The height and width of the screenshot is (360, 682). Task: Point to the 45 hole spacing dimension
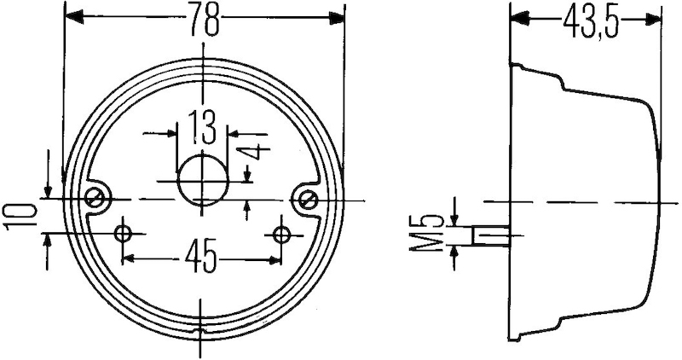click(201, 254)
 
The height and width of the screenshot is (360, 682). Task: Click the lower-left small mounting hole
click(124, 233)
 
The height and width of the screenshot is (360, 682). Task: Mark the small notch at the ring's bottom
click(199, 329)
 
